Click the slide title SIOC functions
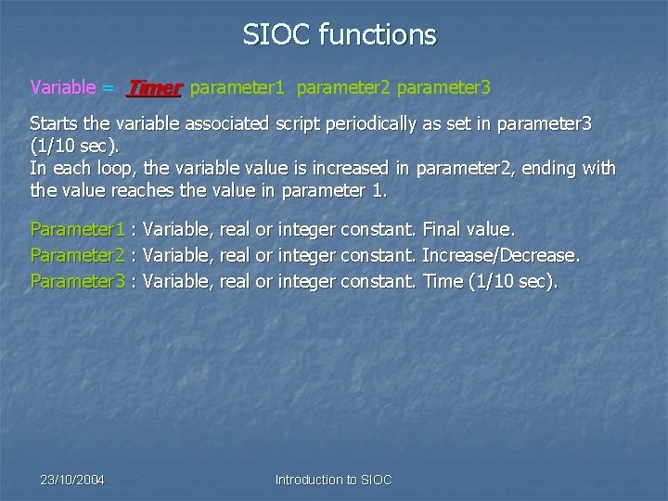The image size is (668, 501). pos(339,35)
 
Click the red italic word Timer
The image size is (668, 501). pos(154,88)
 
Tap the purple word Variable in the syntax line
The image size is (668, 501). pos(63,88)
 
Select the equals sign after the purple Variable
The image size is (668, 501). pos(109,88)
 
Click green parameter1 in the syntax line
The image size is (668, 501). pos(238,88)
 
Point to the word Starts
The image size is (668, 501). pos(55,124)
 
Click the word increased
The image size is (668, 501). pos(359,169)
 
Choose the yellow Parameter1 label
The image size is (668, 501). pos(77,228)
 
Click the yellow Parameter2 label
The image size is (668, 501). pos(77,254)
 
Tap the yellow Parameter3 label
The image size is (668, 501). pos(77,280)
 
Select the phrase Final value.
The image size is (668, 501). pos(468,228)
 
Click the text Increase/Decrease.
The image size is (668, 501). pos(501,254)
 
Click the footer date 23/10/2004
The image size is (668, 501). pos(72,480)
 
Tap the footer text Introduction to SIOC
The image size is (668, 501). pos(334,480)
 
